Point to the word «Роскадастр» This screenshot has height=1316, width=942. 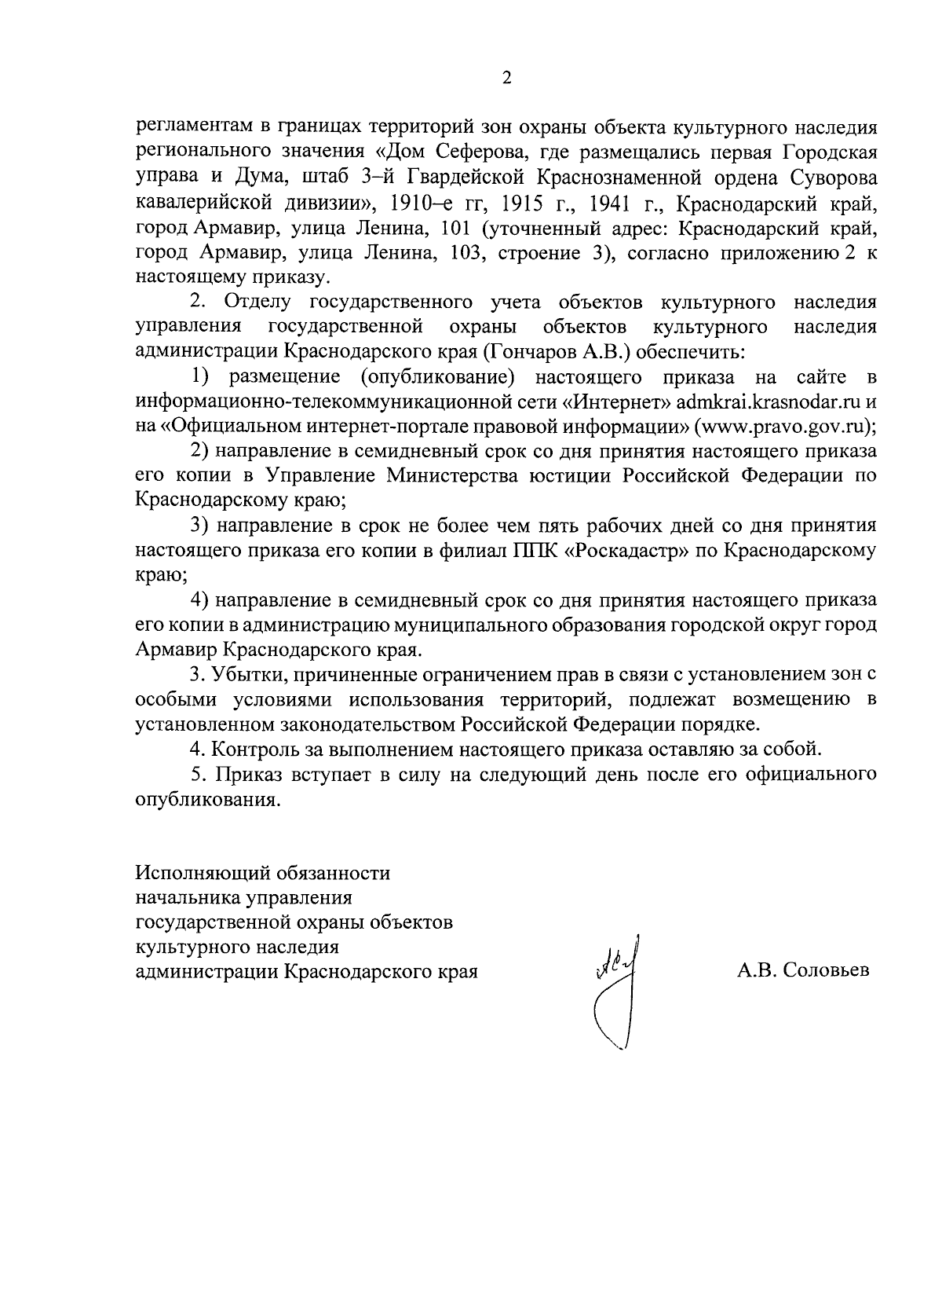(626, 551)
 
